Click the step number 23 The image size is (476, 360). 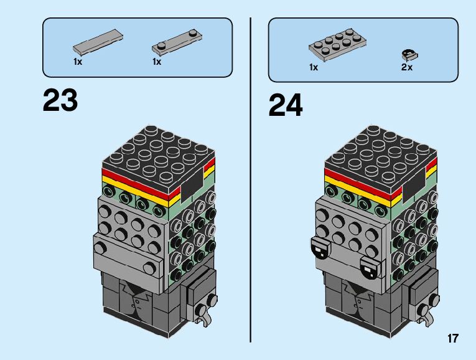coord(60,101)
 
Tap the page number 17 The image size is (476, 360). coord(452,339)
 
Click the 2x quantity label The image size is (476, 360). coord(407,67)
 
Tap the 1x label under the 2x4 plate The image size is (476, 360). coord(314,67)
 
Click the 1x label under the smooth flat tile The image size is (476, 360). coord(78,62)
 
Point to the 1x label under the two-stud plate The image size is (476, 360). coord(157,62)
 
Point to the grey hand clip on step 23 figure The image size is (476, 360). coord(203,311)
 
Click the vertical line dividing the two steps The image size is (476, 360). coord(250,181)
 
